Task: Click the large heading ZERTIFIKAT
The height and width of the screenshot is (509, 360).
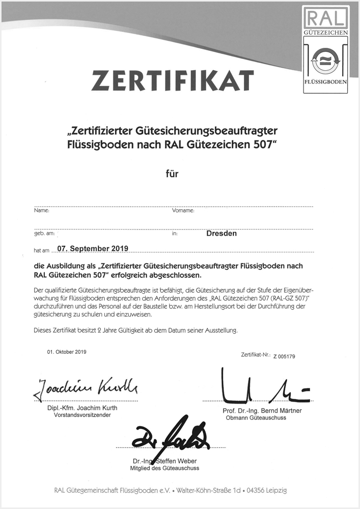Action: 172,80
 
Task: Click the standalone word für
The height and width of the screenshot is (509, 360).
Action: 172,174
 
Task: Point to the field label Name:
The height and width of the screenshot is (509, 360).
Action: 41,210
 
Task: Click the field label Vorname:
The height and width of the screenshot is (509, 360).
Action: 183,210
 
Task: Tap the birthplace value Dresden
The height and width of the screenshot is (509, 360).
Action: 221,234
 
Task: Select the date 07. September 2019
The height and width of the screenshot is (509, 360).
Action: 93,248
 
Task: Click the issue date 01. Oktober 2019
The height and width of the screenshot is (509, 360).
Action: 67,352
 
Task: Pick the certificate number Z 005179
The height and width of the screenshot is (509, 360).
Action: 284,357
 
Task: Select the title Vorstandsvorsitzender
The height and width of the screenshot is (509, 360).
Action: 82,415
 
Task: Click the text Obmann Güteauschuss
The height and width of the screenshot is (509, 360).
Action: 256,417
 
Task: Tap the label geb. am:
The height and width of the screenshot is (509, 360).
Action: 44,233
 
